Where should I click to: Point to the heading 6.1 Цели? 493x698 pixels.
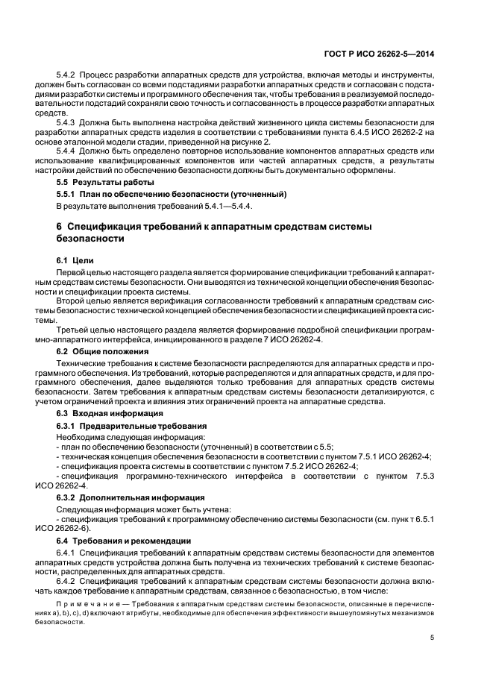click(x=73, y=260)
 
